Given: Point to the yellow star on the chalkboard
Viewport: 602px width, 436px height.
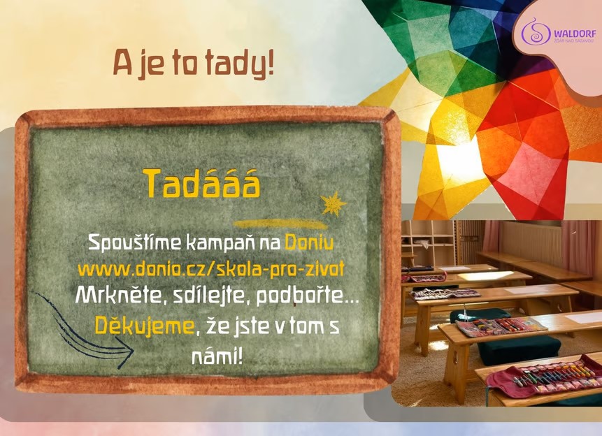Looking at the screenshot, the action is tap(334, 203).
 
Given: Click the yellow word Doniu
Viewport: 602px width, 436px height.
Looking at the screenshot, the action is tap(309, 242).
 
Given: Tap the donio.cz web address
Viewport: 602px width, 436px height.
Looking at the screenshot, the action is tap(210, 269).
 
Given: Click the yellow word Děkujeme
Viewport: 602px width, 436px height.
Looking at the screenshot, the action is tap(145, 326).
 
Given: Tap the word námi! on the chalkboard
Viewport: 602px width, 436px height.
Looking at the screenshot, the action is tap(217, 357).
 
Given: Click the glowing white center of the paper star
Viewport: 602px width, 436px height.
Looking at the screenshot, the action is tap(457, 155).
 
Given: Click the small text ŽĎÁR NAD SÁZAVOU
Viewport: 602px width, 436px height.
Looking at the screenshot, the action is tap(573, 41).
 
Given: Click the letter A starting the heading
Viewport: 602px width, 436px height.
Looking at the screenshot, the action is tap(122, 63).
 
